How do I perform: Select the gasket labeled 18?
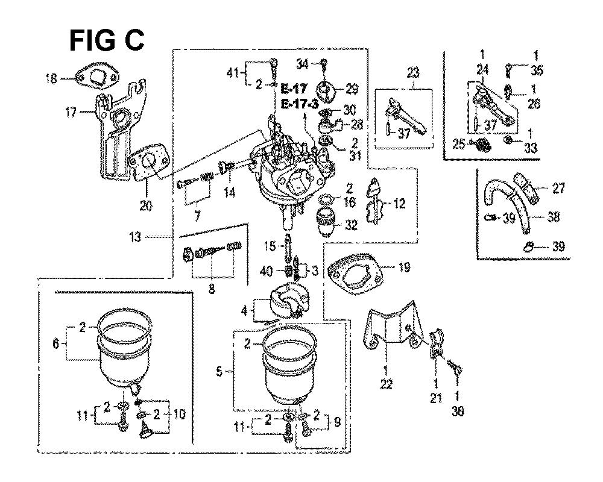point(96,78)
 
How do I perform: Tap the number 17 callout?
point(71,111)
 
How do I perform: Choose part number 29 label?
point(352,89)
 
